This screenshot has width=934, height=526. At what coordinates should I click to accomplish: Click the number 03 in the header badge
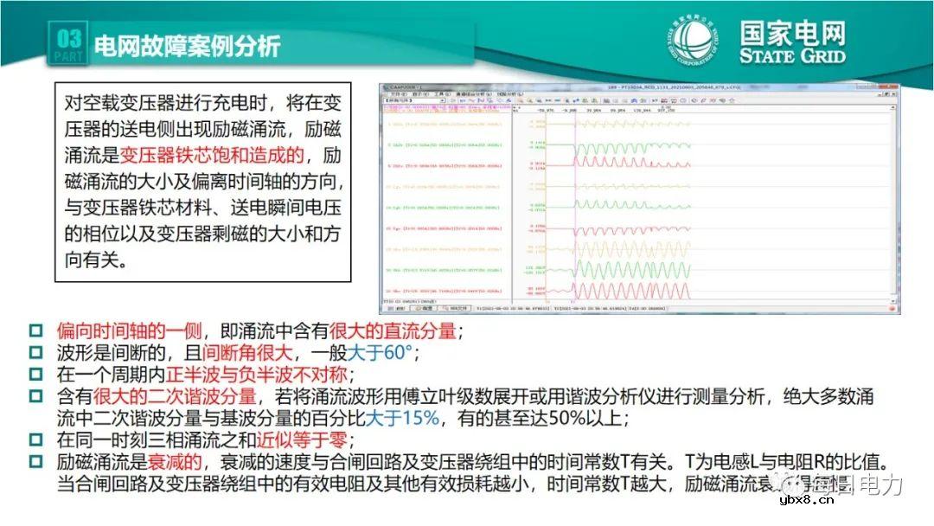[69, 39]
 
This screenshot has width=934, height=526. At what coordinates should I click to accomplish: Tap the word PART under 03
[69, 57]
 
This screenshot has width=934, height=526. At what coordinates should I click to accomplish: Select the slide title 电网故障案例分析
[186, 46]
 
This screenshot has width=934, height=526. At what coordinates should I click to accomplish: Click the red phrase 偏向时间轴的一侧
[129, 331]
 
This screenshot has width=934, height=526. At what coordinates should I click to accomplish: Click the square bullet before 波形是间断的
[35, 353]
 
